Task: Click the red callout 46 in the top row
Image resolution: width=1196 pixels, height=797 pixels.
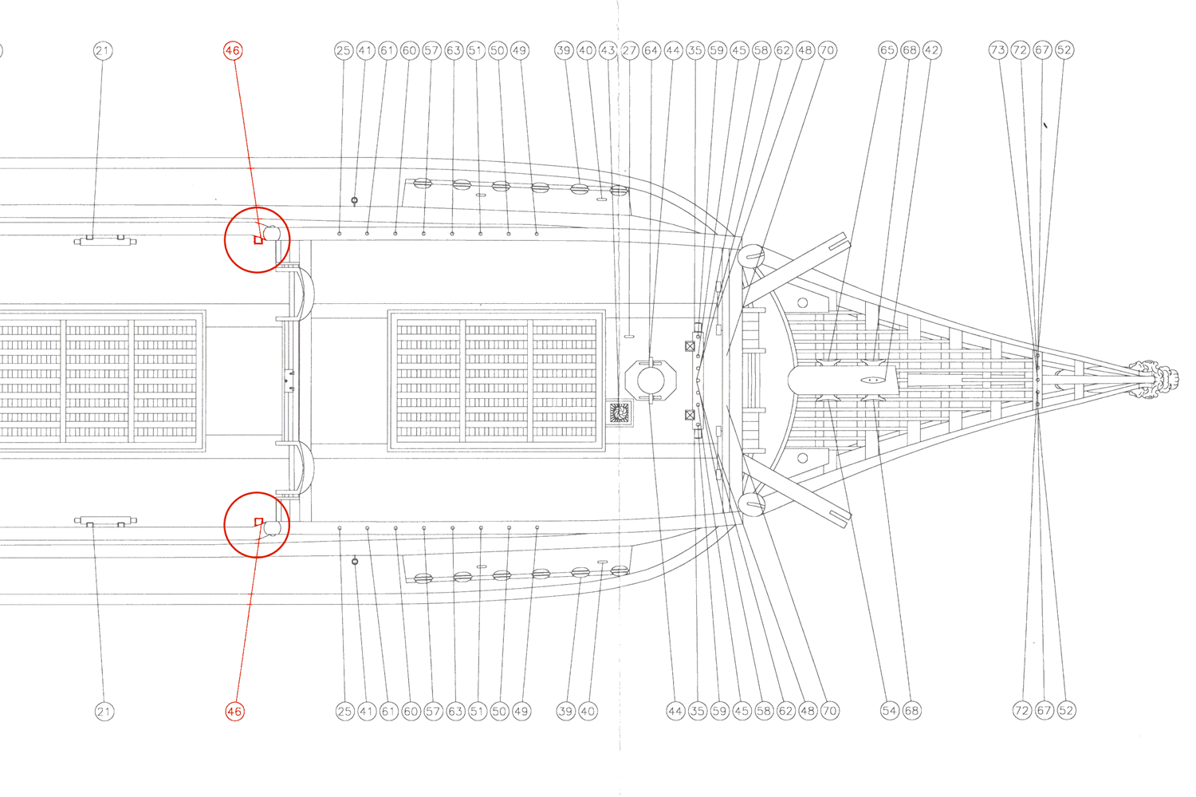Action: point(232,50)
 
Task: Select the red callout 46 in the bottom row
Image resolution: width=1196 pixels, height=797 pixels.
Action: point(234,711)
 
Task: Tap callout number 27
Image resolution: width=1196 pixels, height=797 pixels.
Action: point(630,50)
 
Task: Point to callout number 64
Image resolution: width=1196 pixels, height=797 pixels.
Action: point(651,50)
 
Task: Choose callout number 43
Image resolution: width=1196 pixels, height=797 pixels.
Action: point(608,50)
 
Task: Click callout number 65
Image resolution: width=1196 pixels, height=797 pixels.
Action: point(887,50)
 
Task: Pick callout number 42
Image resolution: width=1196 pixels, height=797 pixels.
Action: point(931,50)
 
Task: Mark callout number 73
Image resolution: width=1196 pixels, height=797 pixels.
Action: point(998,50)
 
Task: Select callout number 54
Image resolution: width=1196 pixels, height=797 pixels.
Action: point(889,710)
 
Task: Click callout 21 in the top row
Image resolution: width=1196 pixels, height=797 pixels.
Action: point(102,51)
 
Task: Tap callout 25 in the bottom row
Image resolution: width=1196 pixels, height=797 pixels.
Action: point(344,711)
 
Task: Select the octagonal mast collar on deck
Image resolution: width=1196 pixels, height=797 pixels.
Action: point(651,380)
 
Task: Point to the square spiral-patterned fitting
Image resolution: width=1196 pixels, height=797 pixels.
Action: point(620,412)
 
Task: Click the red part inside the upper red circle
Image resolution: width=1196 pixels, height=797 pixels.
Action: point(258,239)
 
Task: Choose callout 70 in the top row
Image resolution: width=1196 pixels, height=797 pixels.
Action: point(828,50)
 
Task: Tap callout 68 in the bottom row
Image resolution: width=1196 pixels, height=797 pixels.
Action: point(911,710)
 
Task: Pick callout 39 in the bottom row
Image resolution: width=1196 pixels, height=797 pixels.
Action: point(565,711)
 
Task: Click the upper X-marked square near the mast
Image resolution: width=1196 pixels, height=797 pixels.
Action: point(690,346)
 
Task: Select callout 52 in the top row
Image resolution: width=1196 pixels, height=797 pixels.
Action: point(1064,50)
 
